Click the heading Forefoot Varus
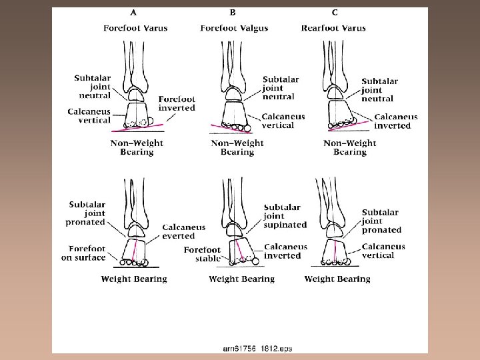(135, 28)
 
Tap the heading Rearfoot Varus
(333, 28)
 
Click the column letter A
(133, 12)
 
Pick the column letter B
(233, 12)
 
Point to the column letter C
(334, 12)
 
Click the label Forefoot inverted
(177, 103)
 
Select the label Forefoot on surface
(83, 253)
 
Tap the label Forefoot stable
(202, 254)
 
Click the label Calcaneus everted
(183, 231)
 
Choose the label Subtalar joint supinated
(285, 216)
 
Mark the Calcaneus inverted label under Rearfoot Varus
(395, 121)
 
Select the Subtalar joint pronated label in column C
(381, 221)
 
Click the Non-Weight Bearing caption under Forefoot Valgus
(237, 147)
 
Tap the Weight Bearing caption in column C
(337, 279)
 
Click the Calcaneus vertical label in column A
(89, 116)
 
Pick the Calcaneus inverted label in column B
(285, 251)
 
